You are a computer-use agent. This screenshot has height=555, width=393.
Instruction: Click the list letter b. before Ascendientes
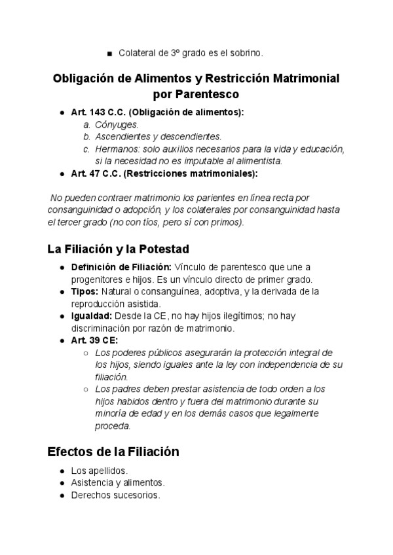point(86,137)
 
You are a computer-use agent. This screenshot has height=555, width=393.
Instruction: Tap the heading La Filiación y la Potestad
point(118,249)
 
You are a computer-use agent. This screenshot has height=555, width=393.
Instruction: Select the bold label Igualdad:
point(92,315)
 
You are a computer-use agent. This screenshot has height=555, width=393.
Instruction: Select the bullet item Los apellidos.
point(100,471)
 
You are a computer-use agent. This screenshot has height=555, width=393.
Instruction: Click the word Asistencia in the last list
point(92,483)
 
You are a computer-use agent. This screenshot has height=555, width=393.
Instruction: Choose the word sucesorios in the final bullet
point(136,495)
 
